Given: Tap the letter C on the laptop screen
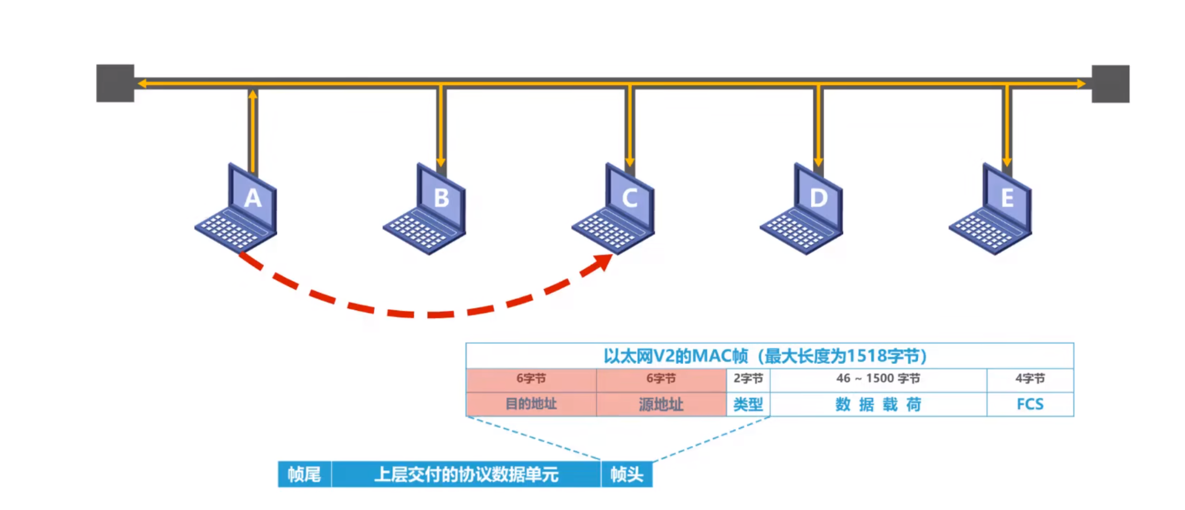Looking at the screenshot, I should click(x=630, y=198).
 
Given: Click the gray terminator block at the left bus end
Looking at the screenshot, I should click(x=115, y=83).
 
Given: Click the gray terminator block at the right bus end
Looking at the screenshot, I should click(x=1110, y=84).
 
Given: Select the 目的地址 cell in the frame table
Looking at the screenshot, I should click(x=531, y=404).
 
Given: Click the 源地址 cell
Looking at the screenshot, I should click(x=661, y=404).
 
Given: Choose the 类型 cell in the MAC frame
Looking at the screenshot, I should click(x=748, y=404).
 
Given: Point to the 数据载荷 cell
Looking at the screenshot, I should click(x=878, y=404).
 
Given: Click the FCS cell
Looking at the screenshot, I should click(x=1030, y=404).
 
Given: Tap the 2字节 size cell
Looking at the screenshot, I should click(x=748, y=379).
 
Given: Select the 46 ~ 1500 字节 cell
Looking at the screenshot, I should click(x=878, y=379).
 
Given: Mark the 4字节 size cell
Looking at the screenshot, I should click(x=1030, y=379).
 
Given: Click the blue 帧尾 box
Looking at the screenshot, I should click(x=304, y=474).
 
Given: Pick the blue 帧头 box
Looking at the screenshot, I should click(x=626, y=474).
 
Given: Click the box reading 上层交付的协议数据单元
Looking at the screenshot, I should click(x=466, y=474).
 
